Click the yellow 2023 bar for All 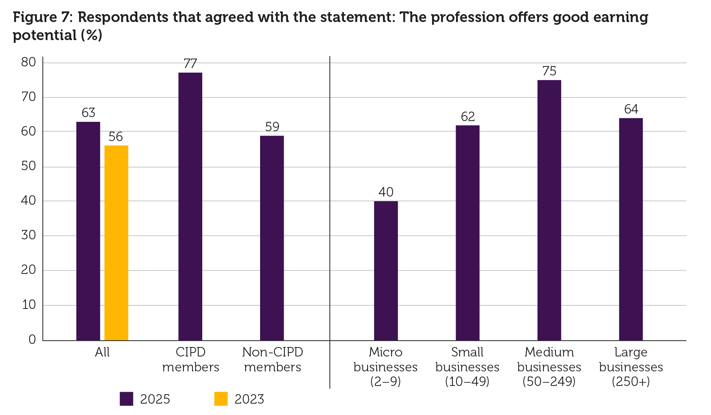point(116,243)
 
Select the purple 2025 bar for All point(88,231)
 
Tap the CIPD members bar point(190,206)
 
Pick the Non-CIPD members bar point(272,238)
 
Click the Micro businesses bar point(386,270)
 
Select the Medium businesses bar point(549,210)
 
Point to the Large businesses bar point(631,229)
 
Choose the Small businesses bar point(467,233)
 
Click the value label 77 point(190,64)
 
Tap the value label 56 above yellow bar point(116,137)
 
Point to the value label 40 point(386,192)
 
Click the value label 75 point(549,71)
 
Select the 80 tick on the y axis point(29,62)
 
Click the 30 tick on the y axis point(29,235)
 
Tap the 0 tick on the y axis point(32,340)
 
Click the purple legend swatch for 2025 point(126,399)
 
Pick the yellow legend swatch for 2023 point(221,399)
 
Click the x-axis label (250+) point(631,382)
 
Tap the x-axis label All point(102,352)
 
